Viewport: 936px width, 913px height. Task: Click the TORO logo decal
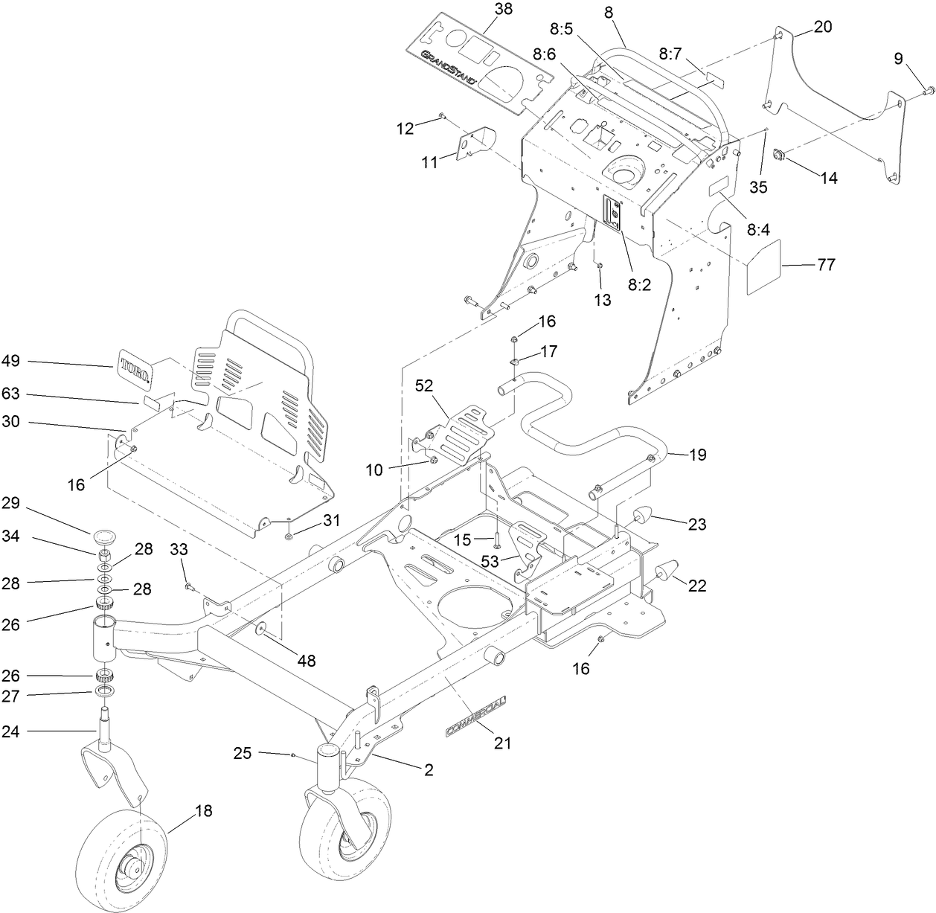tap(135, 369)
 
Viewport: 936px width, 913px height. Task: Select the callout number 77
tap(826, 264)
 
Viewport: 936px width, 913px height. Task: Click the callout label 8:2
tap(639, 284)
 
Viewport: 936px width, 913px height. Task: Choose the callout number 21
tap(503, 743)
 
